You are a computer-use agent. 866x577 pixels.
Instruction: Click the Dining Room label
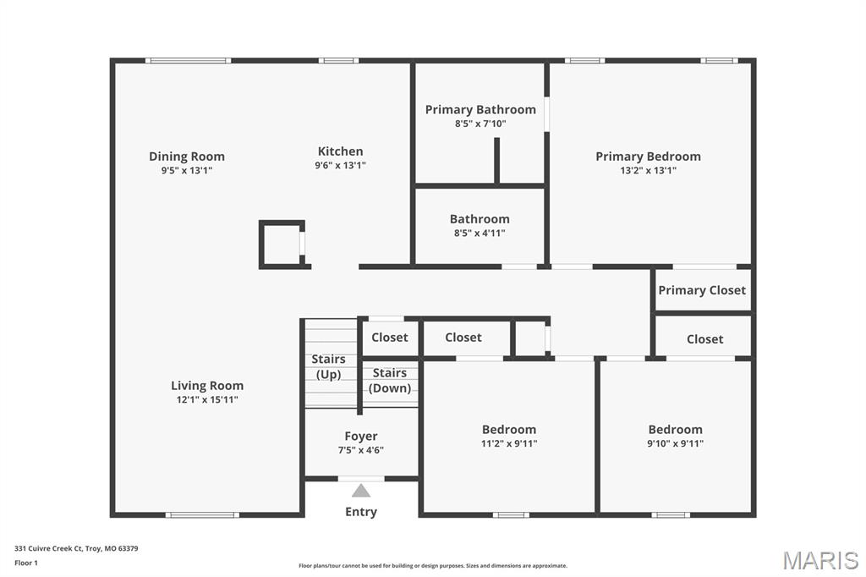click(x=187, y=156)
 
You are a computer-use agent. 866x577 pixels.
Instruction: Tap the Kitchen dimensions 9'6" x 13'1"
click(x=340, y=166)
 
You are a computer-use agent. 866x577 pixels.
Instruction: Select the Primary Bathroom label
click(x=480, y=109)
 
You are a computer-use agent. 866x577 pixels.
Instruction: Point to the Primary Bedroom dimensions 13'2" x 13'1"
click(x=648, y=170)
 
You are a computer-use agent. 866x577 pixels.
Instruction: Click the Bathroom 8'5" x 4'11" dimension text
click(x=480, y=234)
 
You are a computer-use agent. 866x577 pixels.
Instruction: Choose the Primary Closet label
click(x=702, y=290)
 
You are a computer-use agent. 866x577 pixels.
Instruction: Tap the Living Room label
click(x=207, y=386)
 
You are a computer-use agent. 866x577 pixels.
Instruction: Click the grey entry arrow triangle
click(x=361, y=491)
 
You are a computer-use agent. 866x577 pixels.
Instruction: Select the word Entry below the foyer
click(x=361, y=512)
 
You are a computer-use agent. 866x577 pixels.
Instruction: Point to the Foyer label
click(x=361, y=437)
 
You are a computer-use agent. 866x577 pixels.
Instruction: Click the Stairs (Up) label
click(x=328, y=366)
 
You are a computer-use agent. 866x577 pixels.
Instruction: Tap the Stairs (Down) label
click(x=390, y=380)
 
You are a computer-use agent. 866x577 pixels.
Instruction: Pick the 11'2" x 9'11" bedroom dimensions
click(x=509, y=443)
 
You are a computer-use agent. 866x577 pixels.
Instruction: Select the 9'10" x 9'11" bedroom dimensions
click(x=675, y=443)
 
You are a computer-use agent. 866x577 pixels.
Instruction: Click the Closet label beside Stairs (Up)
click(x=390, y=338)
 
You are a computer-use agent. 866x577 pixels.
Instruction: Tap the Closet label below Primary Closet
click(x=704, y=339)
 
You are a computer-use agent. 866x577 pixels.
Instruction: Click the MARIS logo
click(x=820, y=560)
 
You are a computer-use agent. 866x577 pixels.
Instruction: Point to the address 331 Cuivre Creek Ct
click(x=76, y=548)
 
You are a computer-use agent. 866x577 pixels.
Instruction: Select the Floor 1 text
click(x=26, y=563)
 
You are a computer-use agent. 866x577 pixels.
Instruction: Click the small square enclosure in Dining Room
click(x=282, y=245)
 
